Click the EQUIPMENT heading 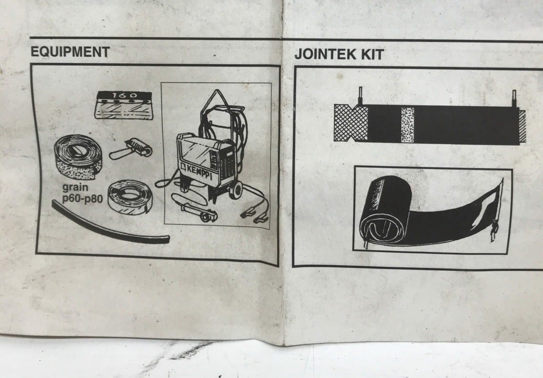[70, 52]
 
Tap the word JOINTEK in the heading [325, 54]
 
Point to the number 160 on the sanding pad [124, 95]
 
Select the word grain [75, 188]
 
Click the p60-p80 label [82, 199]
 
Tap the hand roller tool [131, 149]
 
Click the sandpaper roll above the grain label [78, 157]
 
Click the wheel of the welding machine [236, 190]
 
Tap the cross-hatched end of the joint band [351, 123]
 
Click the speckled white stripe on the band [407, 125]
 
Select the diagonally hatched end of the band [522, 126]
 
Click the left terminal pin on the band [360, 95]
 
